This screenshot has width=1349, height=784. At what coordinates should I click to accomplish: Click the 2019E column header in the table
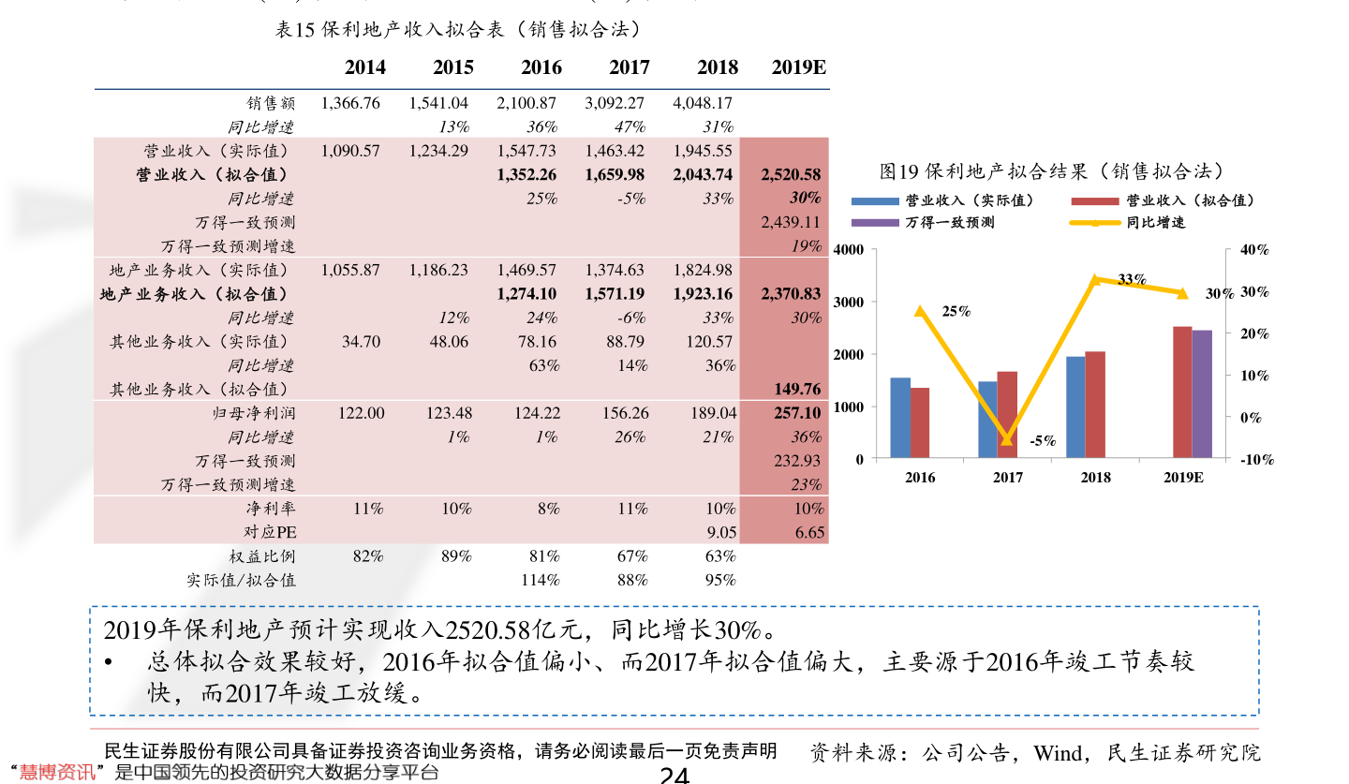tap(798, 67)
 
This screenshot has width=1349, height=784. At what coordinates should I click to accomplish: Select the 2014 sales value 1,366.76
tap(350, 103)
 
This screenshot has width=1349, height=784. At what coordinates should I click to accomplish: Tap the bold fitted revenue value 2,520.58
tap(791, 174)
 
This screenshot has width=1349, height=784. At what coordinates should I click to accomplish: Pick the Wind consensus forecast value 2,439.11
tap(791, 222)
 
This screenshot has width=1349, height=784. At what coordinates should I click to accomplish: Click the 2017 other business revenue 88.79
tap(625, 341)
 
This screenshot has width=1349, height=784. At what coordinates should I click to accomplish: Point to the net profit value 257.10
tap(797, 413)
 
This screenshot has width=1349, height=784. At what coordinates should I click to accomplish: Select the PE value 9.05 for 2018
tap(721, 532)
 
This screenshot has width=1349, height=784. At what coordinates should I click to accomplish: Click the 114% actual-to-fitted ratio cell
tap(541, 580)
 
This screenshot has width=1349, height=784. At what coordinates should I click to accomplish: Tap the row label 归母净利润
tap(254, 413)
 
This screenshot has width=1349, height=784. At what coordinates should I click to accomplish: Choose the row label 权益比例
tap(262, 555)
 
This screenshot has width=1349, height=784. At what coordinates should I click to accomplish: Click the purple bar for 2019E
tap(1202, 393)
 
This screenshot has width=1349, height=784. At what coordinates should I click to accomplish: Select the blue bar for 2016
tap(900, 418)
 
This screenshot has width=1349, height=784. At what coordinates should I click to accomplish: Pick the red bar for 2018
tap(1095, 405)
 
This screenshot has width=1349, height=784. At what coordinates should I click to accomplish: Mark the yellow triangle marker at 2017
tap(1007, 439)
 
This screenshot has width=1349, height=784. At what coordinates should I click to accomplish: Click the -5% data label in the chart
tap(1043, 441)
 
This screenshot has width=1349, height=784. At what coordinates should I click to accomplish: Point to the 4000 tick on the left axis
tap(848, 249)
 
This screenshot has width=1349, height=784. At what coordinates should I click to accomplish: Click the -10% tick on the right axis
tap(1257, 459)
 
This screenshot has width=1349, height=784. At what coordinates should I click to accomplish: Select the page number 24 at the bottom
tap(674, 775)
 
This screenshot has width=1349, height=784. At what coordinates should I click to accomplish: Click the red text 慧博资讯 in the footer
tap(57, 772)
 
